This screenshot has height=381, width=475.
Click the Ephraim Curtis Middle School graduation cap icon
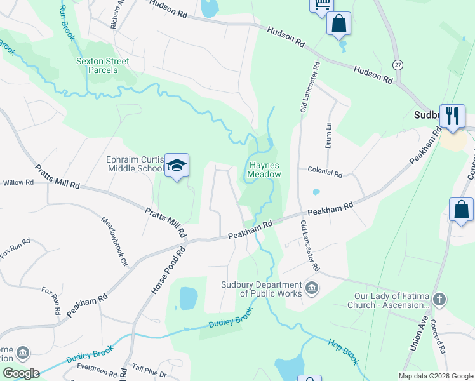pos(177,166)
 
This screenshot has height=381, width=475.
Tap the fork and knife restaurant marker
pos(452,116)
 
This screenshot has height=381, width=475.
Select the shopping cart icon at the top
pos(321,4)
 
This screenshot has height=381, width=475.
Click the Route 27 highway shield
pos(398,65)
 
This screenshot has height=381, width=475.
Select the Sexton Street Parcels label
pos(102,65)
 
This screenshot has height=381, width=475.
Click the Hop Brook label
pos(344,351)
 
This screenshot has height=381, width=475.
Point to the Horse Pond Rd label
pos(159,269)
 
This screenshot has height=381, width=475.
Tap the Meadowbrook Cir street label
pos(115,240)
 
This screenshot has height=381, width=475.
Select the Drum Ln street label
pos(329,135)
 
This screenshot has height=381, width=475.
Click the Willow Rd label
pos(18,182)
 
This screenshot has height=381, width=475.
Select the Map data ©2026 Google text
pos(436,376)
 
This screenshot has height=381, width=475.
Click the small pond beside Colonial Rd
pos(316,192)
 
